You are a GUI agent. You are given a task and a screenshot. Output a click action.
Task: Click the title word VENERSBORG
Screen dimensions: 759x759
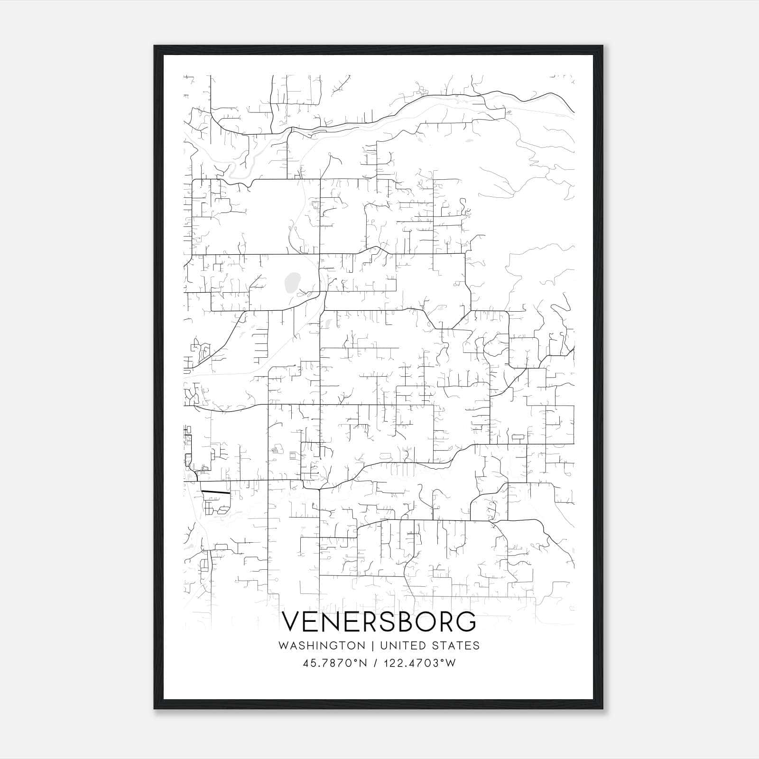click(379, 622)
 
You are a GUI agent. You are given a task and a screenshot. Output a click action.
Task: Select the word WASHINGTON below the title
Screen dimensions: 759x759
click(322, 646)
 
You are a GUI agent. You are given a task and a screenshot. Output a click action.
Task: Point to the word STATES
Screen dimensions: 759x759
click(457, 646)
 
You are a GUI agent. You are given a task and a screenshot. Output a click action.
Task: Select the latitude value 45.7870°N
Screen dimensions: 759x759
click(335, 663)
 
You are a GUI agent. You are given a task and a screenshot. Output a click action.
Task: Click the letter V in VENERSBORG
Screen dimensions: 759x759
click(291, 622)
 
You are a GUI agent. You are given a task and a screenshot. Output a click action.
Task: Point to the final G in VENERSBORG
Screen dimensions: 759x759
click(466, 622)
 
